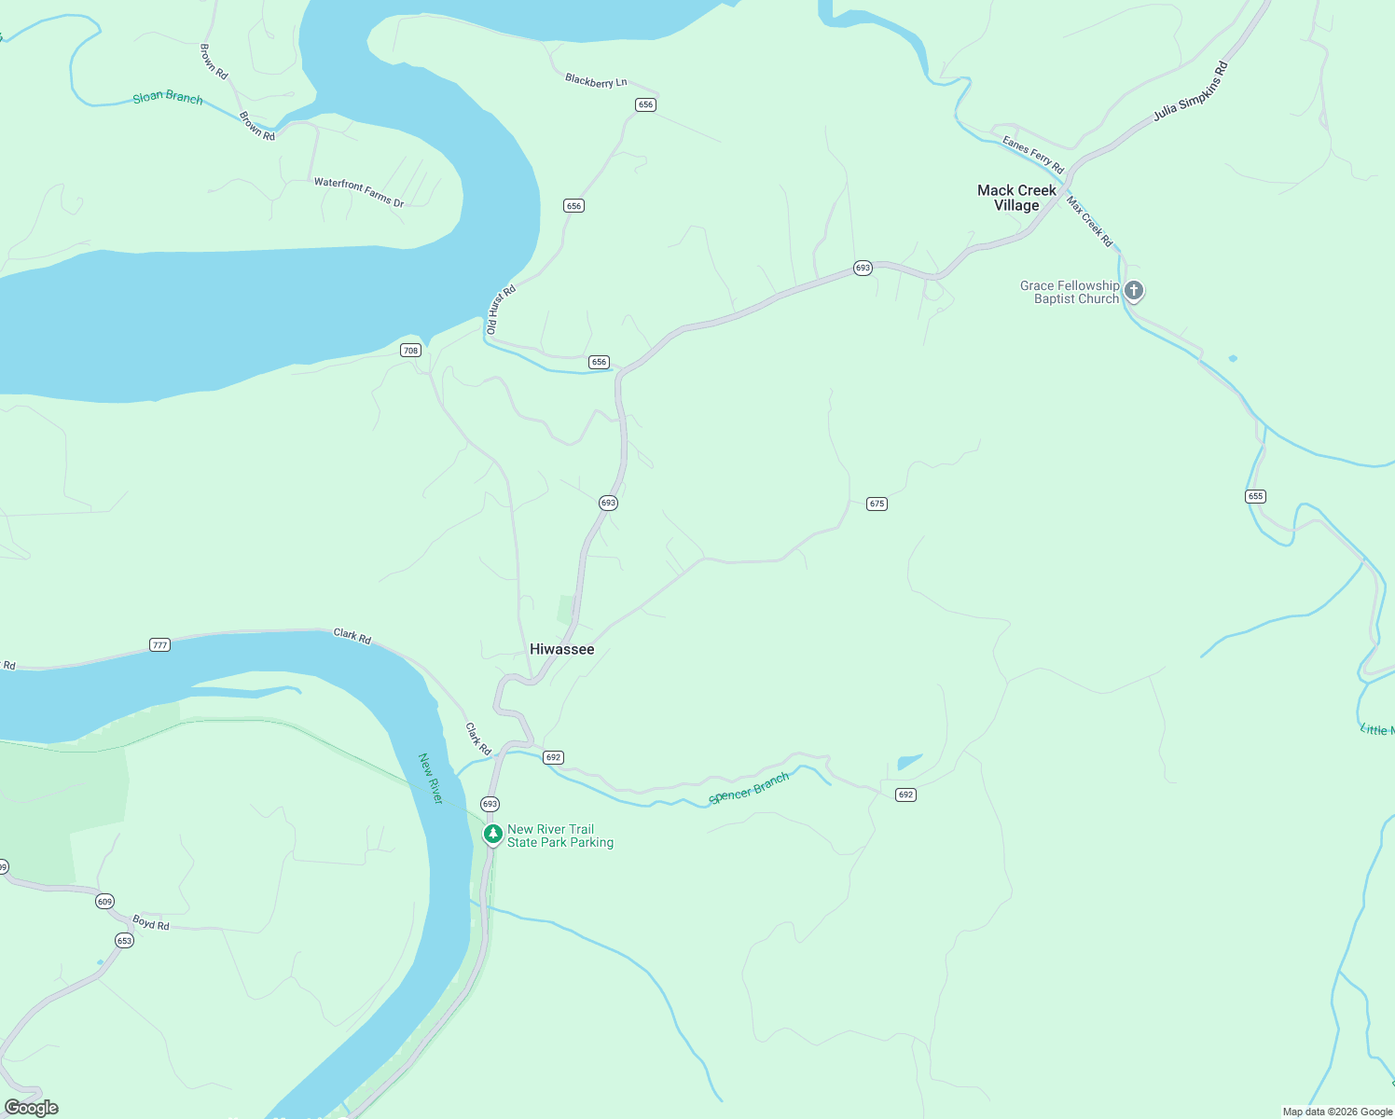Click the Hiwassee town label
tap(561, 649)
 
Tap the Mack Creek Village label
tap(1016, 198)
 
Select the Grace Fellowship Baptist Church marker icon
tap(1134, 291)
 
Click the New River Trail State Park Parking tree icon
tap(492, 834)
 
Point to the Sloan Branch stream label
tap(167, 97)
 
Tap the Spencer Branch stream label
tap(749, 788)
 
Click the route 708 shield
tap(410, 351)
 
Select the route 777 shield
tap(159, 645)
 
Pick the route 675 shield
tap(877, 504)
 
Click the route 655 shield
tap(1255, 496)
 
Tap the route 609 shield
tap(104, 902)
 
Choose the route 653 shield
tap(124, 941)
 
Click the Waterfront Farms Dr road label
tap(359, 192)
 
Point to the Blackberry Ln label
tap(596, 81)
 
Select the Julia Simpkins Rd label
tap(1191, 91)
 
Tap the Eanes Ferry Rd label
tap(1033, 155)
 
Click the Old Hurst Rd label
tap(501, 310)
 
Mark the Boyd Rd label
tap(150, 923)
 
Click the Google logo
tap(32, 1108)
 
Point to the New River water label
tap(431, 779)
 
